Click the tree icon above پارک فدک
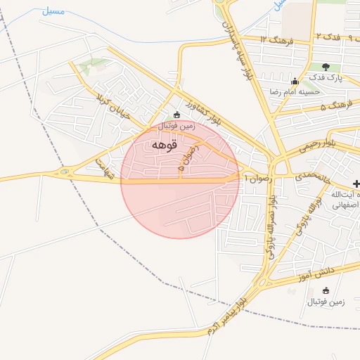tap(326, 67)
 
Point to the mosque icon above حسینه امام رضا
tap(294, 80)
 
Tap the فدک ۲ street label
tap(328, 35)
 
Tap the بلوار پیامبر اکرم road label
tap(229, 311)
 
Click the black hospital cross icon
tap(356, 184)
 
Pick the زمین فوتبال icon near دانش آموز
tap(325, 290)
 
